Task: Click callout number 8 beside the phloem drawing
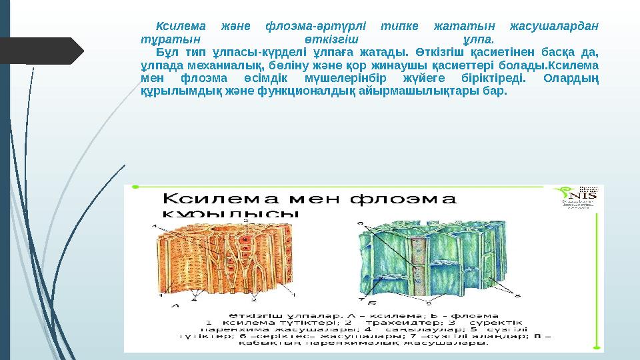pyautogui.click(x=518, y=295)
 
